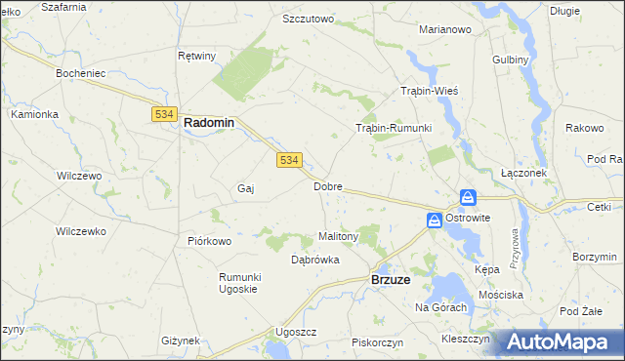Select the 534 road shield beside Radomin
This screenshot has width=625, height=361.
[x=163, y=114]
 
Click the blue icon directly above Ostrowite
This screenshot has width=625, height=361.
[x=469, y=198]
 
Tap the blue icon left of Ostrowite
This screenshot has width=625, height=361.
[x=434, y=221]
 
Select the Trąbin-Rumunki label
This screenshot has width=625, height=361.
[x=393, y=128]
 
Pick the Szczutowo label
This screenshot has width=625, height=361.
[x=308, y=19]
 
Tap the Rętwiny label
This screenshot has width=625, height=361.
[x=196, y=56]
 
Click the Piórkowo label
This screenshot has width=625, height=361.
[x=209, y=241]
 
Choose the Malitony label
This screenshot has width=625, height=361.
[x=340, y=236]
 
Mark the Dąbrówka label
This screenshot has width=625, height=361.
[x=315, y=260]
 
